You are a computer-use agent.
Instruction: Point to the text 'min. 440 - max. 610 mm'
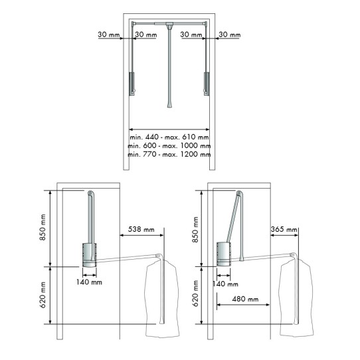coord(169,137)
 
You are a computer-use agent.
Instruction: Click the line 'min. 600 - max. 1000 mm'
coord(169,145)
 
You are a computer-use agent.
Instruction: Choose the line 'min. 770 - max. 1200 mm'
coord(169,154)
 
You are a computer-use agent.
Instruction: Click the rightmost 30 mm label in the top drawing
coord(230,34)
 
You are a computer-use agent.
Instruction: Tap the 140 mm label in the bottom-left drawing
coord(88,282)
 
